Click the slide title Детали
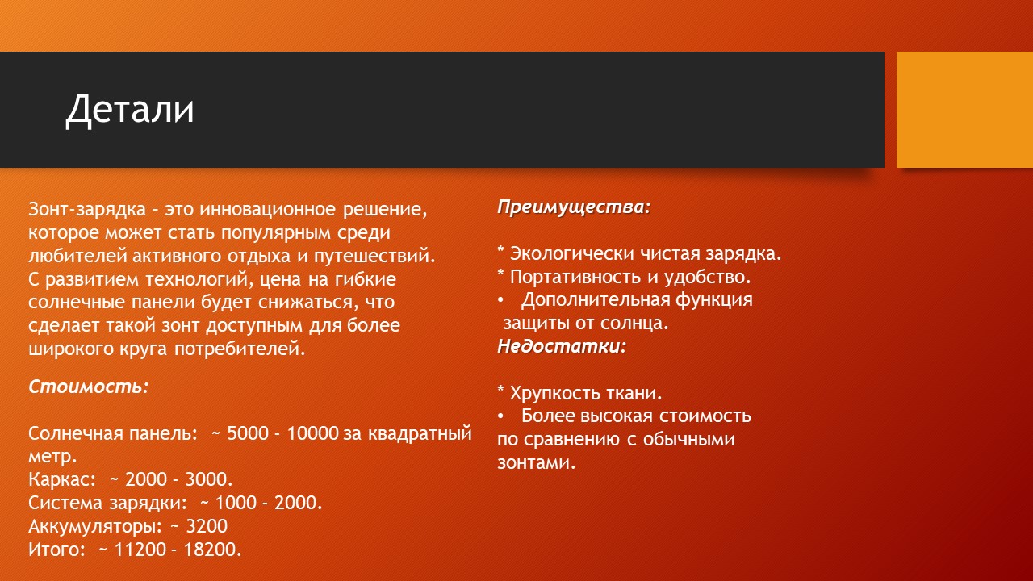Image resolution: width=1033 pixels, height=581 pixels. (130, 110)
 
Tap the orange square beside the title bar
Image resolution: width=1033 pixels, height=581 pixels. (964, 110)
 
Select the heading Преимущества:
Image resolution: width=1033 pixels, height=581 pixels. (574, 207)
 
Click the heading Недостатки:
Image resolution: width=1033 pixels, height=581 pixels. (562, 346)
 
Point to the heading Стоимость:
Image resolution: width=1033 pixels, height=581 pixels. (89, 387)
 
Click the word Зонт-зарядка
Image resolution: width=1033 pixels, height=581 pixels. (87, 210)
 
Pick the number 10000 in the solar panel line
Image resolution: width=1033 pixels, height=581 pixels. (312, 433)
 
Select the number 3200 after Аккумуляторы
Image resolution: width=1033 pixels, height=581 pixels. (207, 526)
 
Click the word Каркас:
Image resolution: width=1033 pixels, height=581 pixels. (62, 479)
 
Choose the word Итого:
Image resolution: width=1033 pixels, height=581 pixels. (57, 550)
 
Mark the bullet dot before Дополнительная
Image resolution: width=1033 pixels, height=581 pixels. (501, 300)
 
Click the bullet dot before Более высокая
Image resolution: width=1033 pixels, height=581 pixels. (501, 416)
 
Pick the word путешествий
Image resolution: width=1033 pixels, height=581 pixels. (374, 257)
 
